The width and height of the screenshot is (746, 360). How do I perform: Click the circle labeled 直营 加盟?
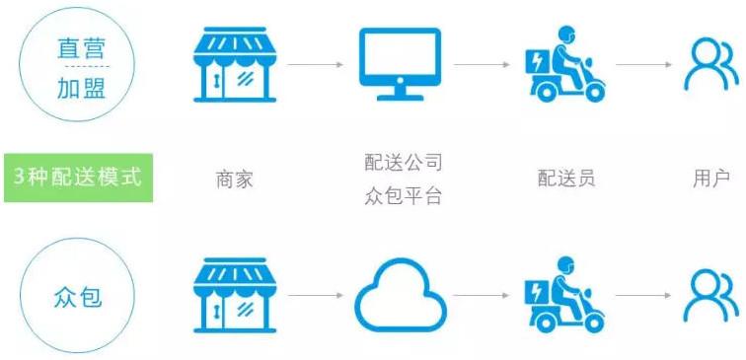80,67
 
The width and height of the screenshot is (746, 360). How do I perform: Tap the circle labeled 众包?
80,295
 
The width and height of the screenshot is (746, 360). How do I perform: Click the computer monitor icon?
399,64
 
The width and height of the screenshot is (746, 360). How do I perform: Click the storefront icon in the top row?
235,63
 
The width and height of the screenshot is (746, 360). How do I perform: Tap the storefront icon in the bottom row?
235,295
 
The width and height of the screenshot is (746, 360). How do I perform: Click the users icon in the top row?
709,65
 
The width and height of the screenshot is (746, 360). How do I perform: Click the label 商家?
235,179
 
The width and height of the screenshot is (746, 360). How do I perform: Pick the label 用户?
710,179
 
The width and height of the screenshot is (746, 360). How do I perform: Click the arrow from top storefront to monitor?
316,65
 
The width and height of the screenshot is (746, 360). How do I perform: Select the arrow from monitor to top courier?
481,65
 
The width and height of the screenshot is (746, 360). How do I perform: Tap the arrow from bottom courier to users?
641,295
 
